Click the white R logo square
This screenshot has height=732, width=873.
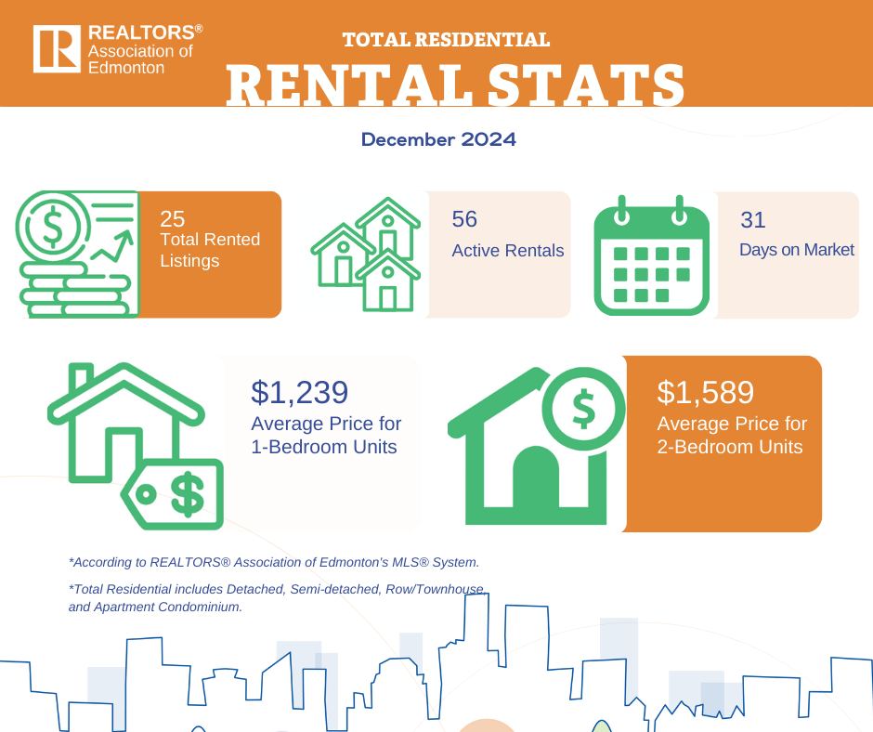coord(57,49)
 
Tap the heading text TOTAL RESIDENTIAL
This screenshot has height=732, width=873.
coord(446,40)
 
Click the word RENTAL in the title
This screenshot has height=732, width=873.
coord(345,85)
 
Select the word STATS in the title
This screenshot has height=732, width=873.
coord(586,85)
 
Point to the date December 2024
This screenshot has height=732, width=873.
coord(438,139)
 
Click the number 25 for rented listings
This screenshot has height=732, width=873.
coord(172,219)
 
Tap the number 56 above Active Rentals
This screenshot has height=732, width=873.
coord(464,219)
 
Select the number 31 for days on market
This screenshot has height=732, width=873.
coord(753,219)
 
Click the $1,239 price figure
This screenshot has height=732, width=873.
coord(300,392)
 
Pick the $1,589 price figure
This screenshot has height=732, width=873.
coord(706,392)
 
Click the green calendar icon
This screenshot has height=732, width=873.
coord(652,255)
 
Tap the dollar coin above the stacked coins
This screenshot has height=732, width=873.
coord(52,228)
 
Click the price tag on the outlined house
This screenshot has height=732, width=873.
coord(173,494)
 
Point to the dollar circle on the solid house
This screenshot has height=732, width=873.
coord(583,409)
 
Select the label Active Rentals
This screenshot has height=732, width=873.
coord(508,251)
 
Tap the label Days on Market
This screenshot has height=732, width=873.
coord(797,250)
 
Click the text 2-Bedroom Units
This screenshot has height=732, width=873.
coord(730,447)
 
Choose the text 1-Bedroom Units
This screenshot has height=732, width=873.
coord(324,447)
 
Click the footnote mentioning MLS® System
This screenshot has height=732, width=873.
coord(274,562)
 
